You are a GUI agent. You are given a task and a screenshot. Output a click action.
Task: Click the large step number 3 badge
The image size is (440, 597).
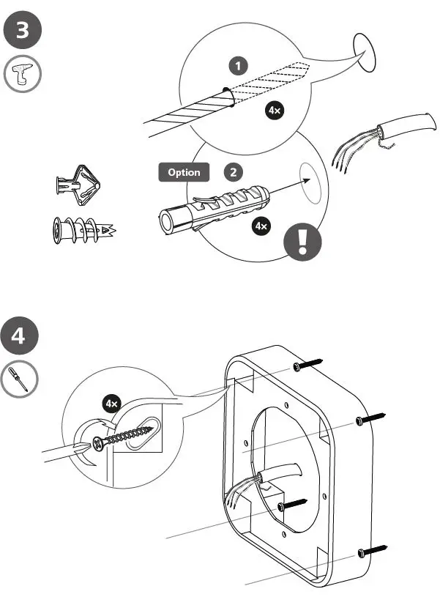click(x=23, y=31)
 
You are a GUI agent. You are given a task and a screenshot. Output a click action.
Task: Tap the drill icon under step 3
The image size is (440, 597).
click(x=23, y=75)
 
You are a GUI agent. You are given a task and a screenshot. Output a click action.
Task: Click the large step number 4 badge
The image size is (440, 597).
click(x=23, y=337)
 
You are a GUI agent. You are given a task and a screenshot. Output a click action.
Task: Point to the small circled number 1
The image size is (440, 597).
click(x=237, y=66)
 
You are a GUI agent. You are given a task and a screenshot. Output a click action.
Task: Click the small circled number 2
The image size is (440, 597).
click(x=233, y=173)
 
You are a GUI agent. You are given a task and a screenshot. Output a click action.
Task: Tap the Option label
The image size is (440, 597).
click(x=184, y=173)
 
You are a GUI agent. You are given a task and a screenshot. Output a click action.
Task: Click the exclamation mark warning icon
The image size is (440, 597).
click(x=303, y=242)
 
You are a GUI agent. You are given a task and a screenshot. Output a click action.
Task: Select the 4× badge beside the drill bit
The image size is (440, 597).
click(x=275, y=111)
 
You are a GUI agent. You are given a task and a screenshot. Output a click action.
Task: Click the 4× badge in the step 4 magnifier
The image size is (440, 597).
click(x=112, y=404)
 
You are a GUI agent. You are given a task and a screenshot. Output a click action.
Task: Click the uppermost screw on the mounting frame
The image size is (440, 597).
click(x=307, y=364)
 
